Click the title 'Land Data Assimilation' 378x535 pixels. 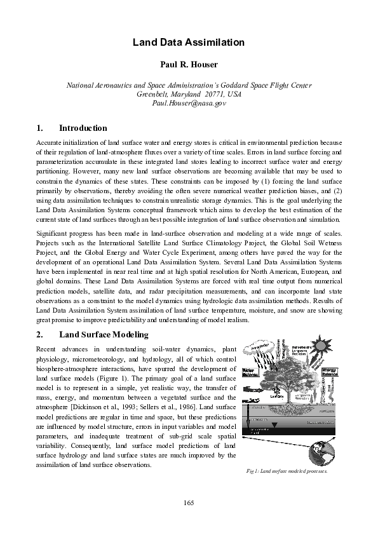pyautogui.click(x=189, y=42)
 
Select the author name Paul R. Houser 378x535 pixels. pyautogui.click(x=189, y=64)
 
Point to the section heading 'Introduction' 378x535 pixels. pyautogui.click(x=83, y=128)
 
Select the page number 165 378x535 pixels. pyautogui.click(x=189, y=503)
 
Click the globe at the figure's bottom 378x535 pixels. pyautogui.click(x=321, y=452)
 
